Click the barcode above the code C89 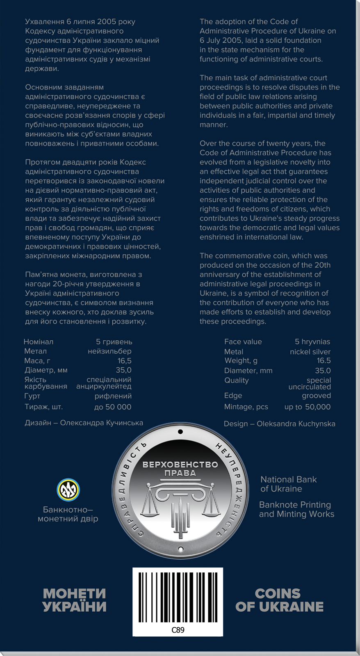point(178,597)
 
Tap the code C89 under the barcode point(178,630)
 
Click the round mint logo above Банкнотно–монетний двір point(68,490)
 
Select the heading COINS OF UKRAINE point(279,600)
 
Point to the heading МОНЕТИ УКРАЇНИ point(74,600)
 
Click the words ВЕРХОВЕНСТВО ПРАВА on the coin point(180,469)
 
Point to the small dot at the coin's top point(180,432)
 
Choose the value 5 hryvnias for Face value point(312,342)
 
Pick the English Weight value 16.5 point(324,360)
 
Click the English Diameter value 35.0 point(323,371)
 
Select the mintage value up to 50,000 point(308,407)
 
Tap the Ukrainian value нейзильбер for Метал point(109,351)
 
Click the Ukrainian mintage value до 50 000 point(113,407)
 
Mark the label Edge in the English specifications point(233,396)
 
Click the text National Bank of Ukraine point(289,484)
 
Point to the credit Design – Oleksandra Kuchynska point(279,424)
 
